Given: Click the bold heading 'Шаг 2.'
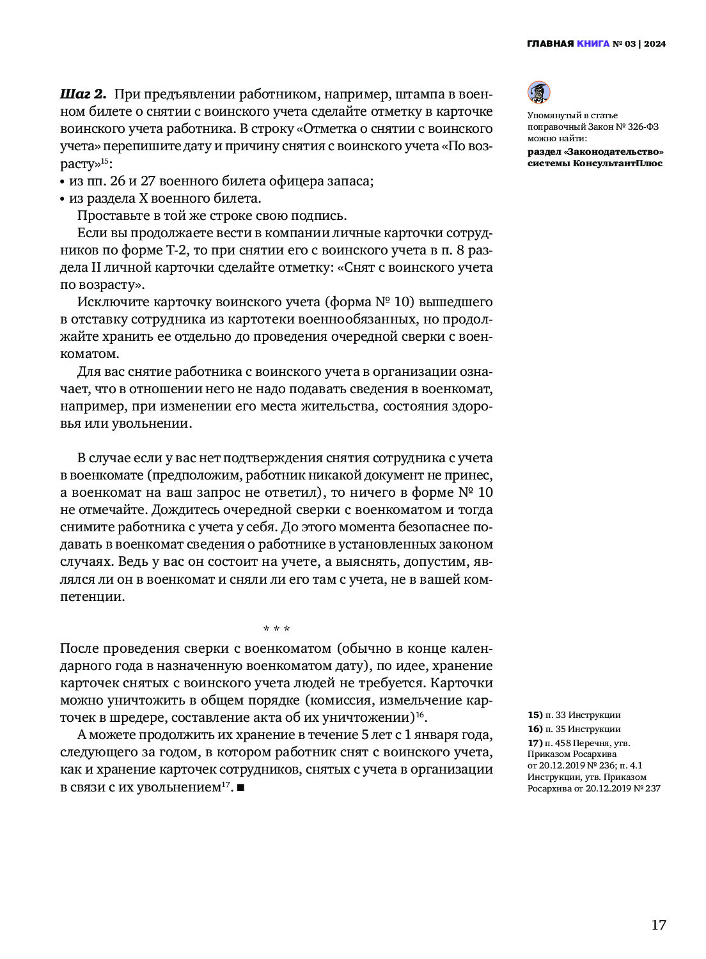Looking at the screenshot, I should click(82, 95).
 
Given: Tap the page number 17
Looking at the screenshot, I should click(659, 925).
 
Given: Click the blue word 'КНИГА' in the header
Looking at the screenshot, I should click(593, 44).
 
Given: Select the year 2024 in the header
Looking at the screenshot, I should click(655, 44).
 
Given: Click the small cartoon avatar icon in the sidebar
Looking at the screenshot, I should click(539, 93).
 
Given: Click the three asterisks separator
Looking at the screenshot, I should click(277, 629).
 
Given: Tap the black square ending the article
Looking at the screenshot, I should click(240, 788).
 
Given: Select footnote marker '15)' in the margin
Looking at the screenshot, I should click(535, 715).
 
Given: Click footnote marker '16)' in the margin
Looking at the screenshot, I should click(535, 729).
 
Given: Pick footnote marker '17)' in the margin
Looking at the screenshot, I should click(535, 743).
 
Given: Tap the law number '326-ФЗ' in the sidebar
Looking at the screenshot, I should click(643, 127).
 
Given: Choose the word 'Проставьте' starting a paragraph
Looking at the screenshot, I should click(111, 215).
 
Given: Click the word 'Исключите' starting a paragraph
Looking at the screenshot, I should click(109, 302).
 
